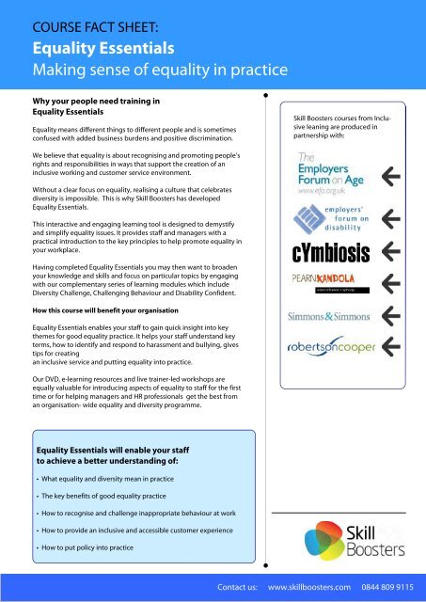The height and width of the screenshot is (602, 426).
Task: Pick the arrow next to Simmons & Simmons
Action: tap(409, 315)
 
